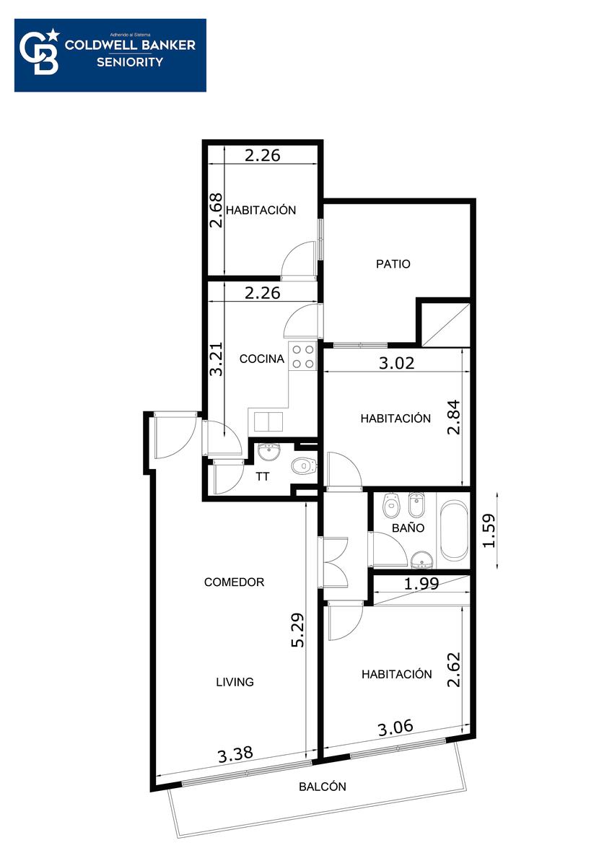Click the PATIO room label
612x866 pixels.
393,264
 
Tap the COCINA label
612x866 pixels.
262,359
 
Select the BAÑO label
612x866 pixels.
408,528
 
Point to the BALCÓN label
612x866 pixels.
323,787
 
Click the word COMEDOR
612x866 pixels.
234,582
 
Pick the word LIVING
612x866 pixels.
235,681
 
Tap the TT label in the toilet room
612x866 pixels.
263,477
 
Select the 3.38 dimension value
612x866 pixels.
235,754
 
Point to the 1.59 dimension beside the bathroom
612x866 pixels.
489,530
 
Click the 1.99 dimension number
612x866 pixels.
421,583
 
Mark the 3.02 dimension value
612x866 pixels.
396,363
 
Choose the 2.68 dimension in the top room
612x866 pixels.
216,210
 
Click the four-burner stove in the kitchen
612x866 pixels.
302,356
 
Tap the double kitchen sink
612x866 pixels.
268,421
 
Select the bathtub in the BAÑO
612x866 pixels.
453,530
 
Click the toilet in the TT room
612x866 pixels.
304,466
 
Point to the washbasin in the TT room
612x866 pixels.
268,452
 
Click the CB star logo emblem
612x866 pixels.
40,52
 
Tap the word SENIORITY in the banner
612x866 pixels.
130,62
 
